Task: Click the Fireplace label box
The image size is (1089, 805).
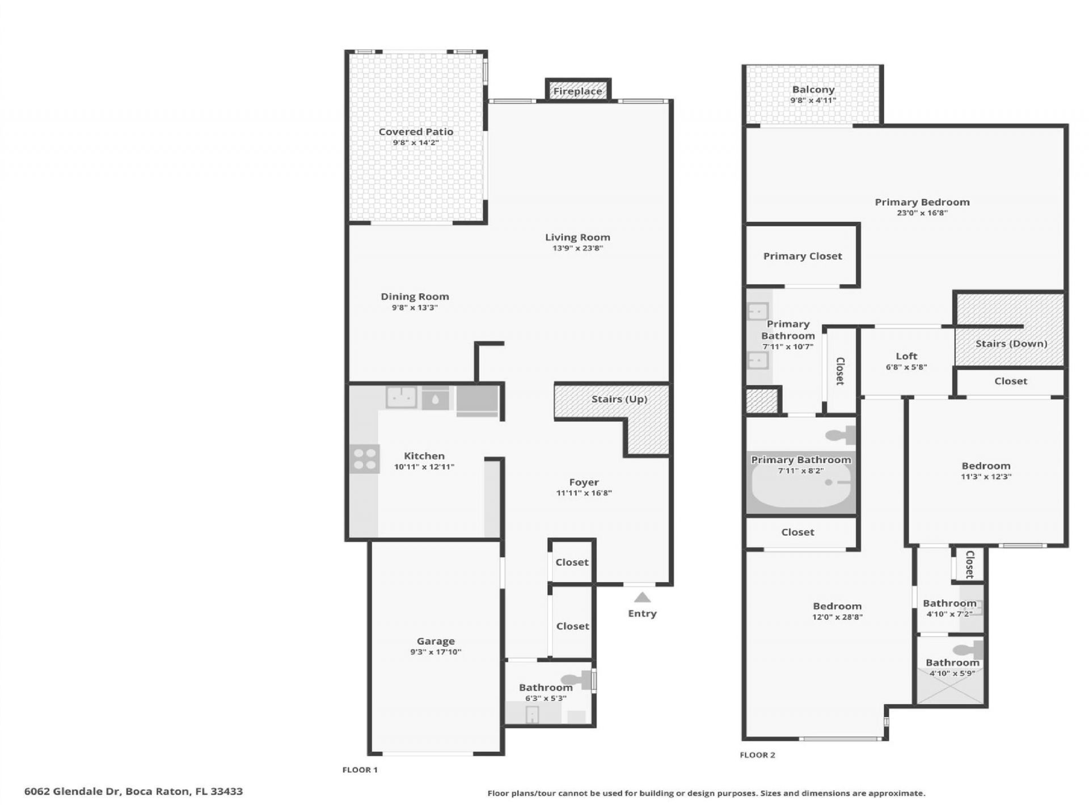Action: point(577,91)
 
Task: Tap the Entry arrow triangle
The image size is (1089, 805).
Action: point(642,597)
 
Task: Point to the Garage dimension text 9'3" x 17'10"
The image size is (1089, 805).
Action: point(436,652)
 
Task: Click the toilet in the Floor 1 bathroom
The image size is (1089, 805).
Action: point(575,679)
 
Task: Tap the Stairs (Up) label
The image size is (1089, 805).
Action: point(619,399)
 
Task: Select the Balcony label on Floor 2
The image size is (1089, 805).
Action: point(813,90)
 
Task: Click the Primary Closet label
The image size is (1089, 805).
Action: point(802,256)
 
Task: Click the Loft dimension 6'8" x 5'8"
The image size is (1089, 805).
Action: point(906,367)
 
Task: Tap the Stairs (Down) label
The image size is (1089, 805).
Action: point(1011,344)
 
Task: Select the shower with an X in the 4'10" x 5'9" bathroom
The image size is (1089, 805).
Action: point(950,691)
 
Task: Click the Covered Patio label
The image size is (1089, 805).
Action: point(416,132)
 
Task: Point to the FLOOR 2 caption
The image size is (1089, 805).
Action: point(757,755)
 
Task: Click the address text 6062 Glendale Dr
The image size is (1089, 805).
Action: point(72,791)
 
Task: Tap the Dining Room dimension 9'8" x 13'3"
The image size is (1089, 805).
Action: point(415,307)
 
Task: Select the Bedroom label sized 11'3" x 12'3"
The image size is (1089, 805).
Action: point(986,466)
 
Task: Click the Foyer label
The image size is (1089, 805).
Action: point(584,482)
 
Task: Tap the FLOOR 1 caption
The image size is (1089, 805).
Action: point(360,770)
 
